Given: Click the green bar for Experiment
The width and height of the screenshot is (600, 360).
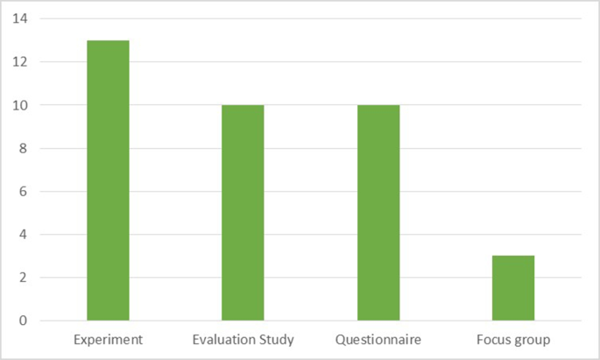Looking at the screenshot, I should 108,180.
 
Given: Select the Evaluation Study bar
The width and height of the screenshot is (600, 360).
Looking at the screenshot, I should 243,213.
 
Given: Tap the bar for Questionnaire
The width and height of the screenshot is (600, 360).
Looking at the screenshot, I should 378,213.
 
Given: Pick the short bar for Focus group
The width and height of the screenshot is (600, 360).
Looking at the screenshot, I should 513,288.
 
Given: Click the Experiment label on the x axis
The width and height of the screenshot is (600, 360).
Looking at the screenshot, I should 108,339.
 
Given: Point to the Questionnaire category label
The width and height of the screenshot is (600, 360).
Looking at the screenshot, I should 378,339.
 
